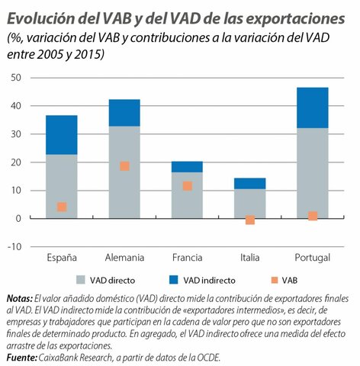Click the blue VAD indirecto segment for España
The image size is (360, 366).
coord(62,135)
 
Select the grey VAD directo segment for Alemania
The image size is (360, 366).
coord(124,172)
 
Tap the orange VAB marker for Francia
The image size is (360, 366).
coord(187,185)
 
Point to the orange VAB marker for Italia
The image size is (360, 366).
coord(249,220)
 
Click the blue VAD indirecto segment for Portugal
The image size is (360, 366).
coord(313,107)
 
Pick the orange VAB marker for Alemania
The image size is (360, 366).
coord(124,166)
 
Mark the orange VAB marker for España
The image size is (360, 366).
coord(62,207)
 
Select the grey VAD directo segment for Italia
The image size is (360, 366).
coord(249,203)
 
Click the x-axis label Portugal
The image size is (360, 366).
coord(313,258)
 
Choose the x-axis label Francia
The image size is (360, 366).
coord(187,258)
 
